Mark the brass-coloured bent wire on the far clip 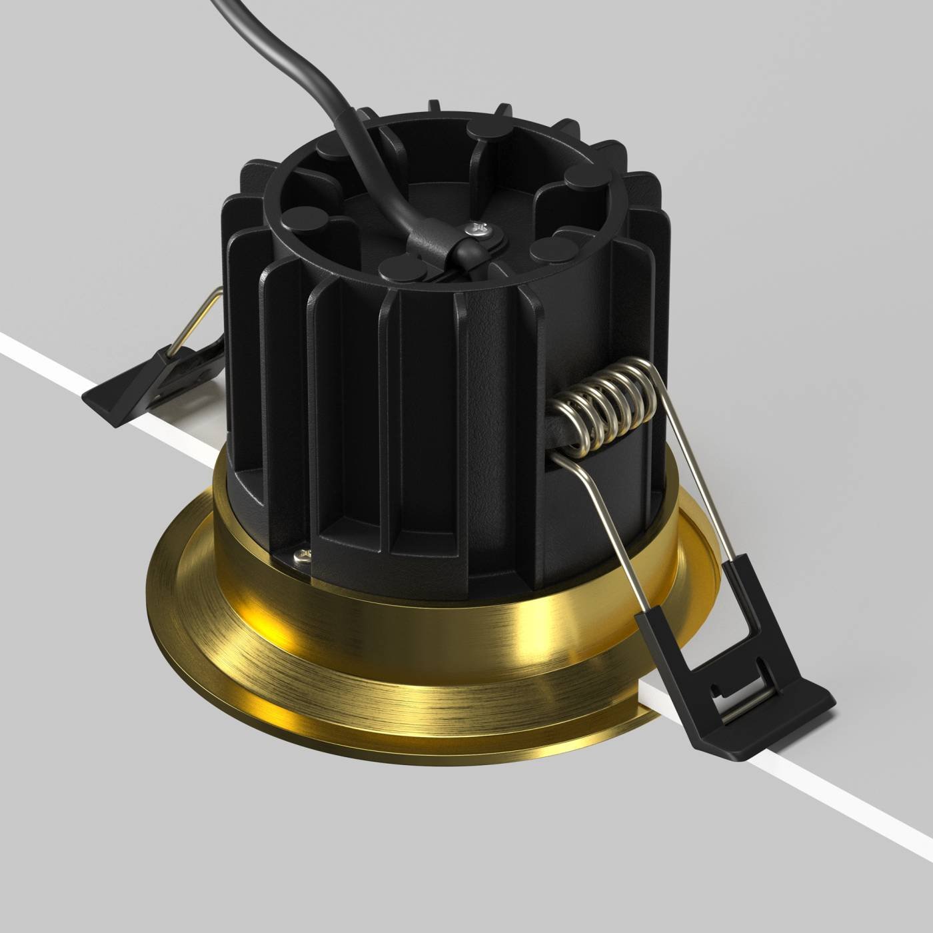coord(197,320)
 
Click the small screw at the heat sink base coord(304,554)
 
